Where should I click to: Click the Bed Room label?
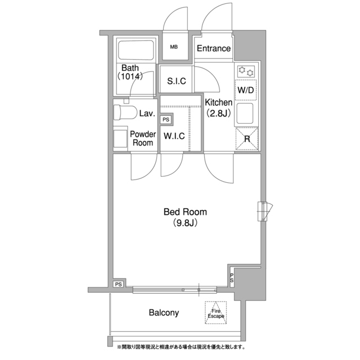(x=185, y=212)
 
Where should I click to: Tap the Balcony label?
(x=164, y=313)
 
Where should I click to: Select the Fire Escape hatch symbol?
(x=215, y=313)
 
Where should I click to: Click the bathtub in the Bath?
(x=136, y=50)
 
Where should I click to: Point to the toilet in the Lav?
(x=125, y=112)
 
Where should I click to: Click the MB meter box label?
(x=174, y=47)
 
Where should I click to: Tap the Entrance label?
(x=214, y=48)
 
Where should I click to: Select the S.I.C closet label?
(x=176, y=81)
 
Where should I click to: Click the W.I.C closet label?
(x=174, y=136)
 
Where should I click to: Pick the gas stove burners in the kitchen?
(x=246, y=71)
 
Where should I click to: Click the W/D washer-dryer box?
(x=246, y=90)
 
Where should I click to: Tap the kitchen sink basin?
(x=245, y=113)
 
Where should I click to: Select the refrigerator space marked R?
(x=247, y=139)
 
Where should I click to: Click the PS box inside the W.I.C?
(x=166, y=120)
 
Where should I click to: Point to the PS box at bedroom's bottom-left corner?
(x=119, y=285)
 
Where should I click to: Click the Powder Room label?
(x=143, y=138)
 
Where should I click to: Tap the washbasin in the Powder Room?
(x=120, y=139)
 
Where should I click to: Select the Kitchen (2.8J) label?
(x=218, y=107)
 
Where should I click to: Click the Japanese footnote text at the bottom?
(x=181, y=346)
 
